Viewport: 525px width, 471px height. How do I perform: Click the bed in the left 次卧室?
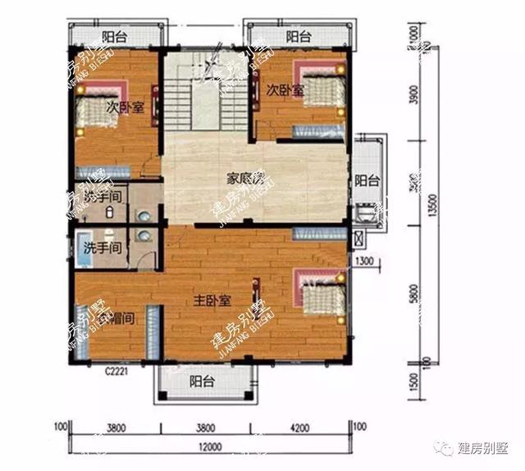98,113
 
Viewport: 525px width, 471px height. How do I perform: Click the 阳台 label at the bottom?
202,382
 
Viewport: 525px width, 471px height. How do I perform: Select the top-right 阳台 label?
299,37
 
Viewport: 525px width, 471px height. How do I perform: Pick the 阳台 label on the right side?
366,181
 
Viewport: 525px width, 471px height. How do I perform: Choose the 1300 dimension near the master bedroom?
366,261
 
